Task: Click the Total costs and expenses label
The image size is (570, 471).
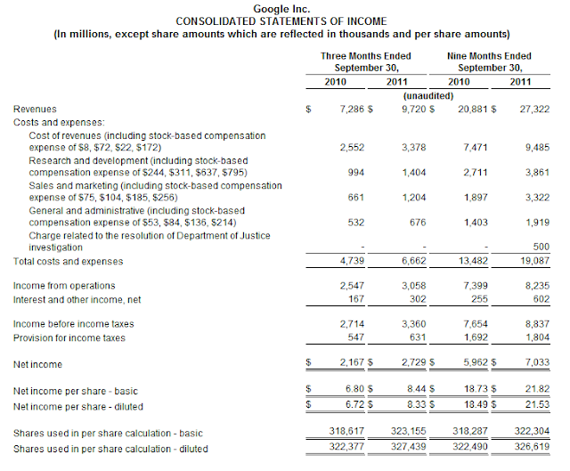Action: point(68,262)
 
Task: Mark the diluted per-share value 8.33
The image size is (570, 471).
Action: point(418,404)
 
